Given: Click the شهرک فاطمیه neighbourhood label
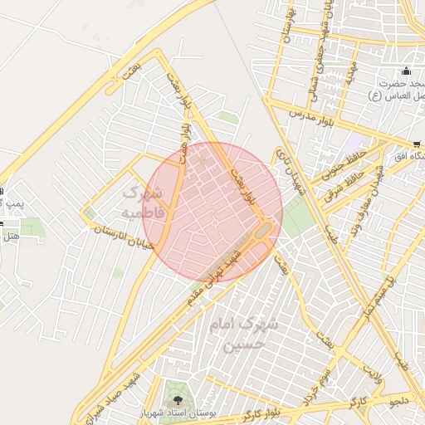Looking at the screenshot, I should coord(144,203).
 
